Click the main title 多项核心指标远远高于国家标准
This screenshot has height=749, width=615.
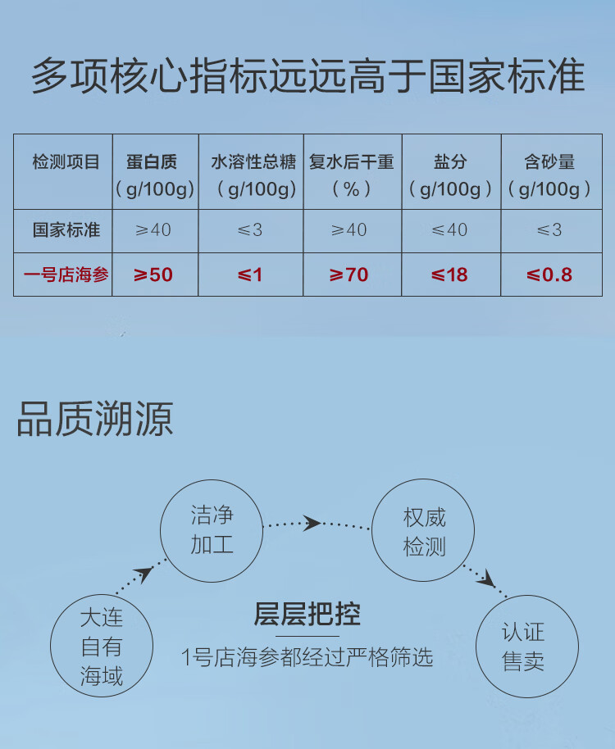coord(307,77)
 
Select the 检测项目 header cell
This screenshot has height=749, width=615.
coord(65,163)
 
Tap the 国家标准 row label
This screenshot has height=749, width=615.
coord(65,230)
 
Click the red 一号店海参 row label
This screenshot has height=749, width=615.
coord(65,275)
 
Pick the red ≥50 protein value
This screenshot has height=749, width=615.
coord(154,275)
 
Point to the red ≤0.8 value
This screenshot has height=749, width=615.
coord(549,275)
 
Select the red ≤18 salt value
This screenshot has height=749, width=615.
coord(450,275)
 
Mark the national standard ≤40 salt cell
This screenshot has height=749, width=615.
coord(450,230)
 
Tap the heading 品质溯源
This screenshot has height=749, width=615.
coord(95,419)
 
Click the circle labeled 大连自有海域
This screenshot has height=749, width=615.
coord(102,647)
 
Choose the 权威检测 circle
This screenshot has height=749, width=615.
coord(424,532)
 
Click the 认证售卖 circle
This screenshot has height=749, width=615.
coord(523,647)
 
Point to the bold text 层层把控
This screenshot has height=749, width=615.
coord(307,614)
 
